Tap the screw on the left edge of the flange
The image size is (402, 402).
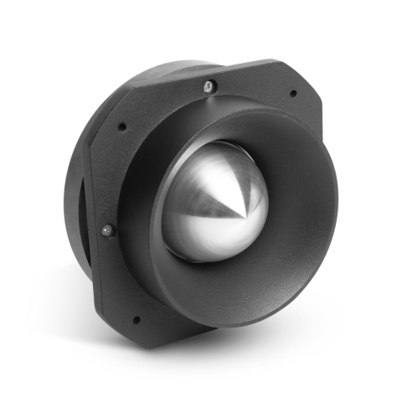pos(106,229)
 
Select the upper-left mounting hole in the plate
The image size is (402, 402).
pos(122,127)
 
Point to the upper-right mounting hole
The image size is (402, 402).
pos(292,93)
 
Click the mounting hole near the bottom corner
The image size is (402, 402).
pos(136,319)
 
